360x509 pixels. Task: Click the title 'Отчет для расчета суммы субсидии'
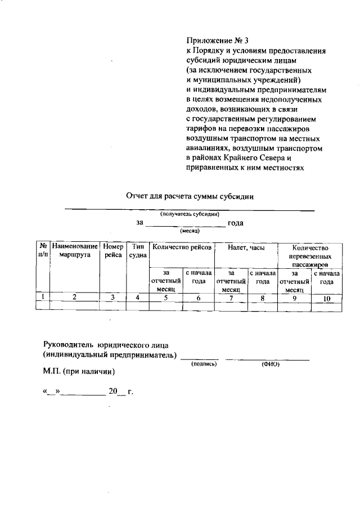click(190, 196)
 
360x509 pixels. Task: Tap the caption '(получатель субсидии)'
click(190, 214)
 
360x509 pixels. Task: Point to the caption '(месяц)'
click(187, 231)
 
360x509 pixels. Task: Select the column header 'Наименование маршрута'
click(74, 250)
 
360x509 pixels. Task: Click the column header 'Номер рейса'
click(112, 250)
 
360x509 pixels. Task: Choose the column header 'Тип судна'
click(137, 250)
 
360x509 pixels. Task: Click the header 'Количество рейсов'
click(182, 247)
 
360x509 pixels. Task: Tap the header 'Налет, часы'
click(246, 247)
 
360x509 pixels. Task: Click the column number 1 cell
click(42, 298)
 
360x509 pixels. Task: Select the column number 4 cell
click(137, 298)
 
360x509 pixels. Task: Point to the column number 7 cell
click(231, 298)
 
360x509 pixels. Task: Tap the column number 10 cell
click(326, 298)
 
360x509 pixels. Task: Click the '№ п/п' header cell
click(42, 250)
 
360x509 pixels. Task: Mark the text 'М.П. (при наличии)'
click(79, 371)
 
